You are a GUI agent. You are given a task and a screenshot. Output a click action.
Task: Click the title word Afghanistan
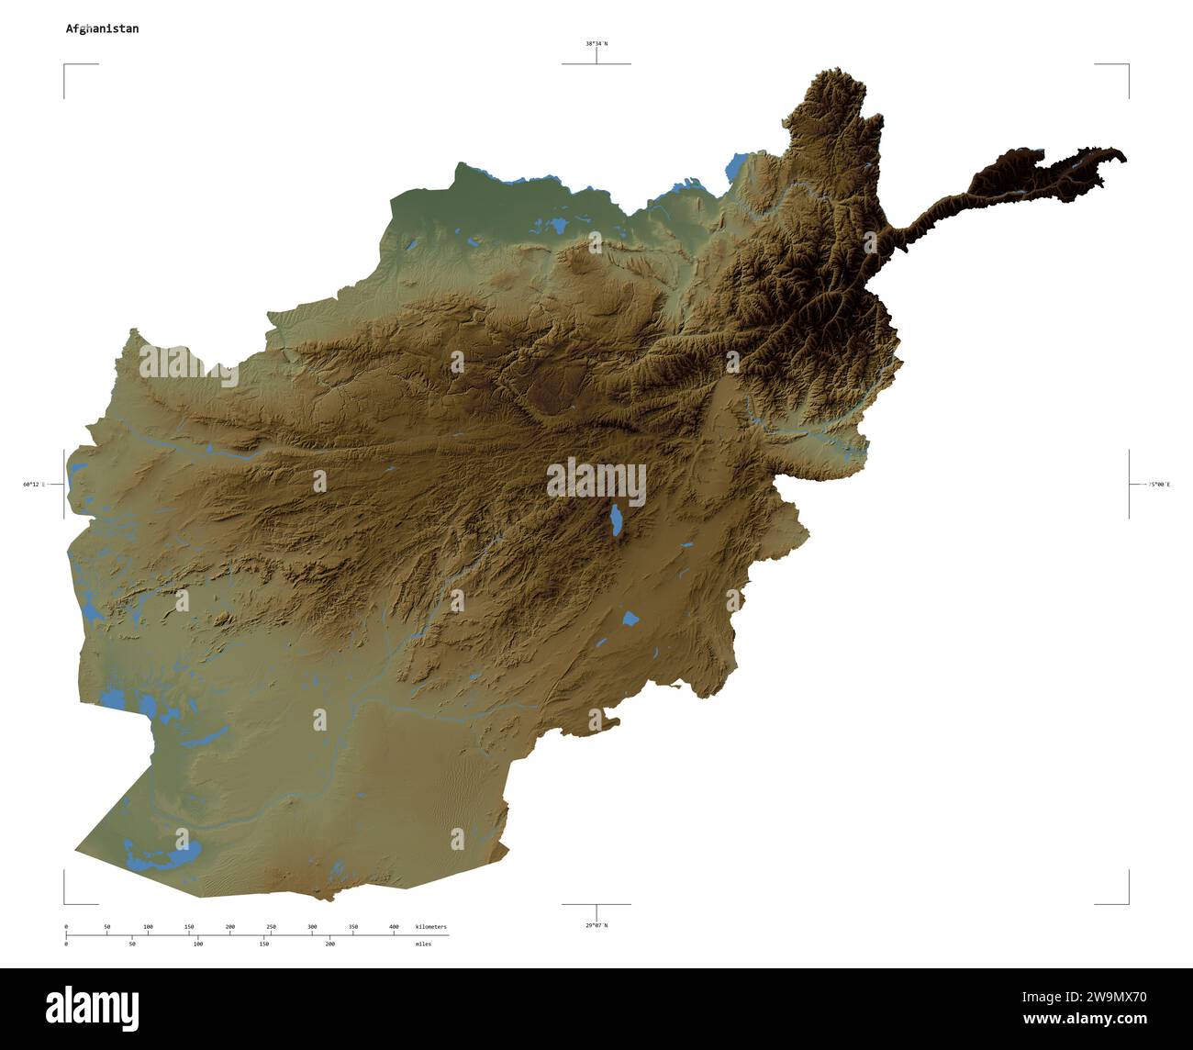102,28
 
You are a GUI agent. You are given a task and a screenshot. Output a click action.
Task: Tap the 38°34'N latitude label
596,43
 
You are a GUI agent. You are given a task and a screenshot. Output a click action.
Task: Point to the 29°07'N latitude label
596,925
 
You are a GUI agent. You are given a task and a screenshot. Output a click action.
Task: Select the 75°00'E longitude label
1159,484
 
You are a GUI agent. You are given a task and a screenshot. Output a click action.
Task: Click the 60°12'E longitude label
34,484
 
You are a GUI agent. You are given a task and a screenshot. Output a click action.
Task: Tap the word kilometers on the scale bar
430,927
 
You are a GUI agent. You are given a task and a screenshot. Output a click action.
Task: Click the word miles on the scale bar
422,944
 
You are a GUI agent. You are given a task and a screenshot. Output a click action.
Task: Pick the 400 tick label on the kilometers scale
394,927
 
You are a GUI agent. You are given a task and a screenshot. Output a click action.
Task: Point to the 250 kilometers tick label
271,927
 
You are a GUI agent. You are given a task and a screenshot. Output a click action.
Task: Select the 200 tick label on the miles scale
329,944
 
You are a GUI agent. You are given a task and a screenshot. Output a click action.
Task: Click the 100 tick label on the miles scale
198,944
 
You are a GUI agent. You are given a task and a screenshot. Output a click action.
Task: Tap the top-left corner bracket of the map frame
65,66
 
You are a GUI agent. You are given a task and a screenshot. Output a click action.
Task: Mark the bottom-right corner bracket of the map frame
1128,902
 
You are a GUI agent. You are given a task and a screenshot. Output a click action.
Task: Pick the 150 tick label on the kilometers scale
189,927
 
